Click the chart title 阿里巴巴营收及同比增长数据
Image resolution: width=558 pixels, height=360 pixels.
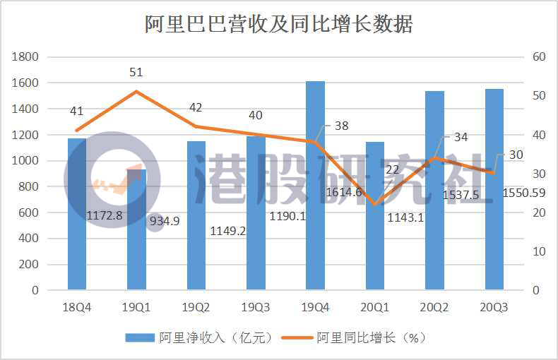pyautogui.click(x=278, y=23)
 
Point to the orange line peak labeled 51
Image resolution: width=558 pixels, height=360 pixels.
pyautogui.click(x=136, y=91)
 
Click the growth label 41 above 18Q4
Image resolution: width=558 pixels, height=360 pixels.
pyautogui.click(x=77, y=111)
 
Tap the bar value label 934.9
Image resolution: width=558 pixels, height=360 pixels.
pyautogui.click(x=163, y=221)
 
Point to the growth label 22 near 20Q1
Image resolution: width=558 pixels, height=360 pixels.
pyautogui.click(x=393, y=169)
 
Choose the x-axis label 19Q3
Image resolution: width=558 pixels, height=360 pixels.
pyautogui.click(x=255, y=304)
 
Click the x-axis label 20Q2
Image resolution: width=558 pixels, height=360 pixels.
pyautogui.click(x=434, y=304)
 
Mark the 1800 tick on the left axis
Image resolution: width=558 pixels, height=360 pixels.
pyautogui.click(x=26, y=56)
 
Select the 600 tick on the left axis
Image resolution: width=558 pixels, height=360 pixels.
pyautogui.click(x=29, y=212)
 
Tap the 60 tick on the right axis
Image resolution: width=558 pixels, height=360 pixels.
pyautogui.click(x=540, y=56)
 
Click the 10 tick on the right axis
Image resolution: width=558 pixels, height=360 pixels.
pyautogui.click(x=540, y=251)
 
